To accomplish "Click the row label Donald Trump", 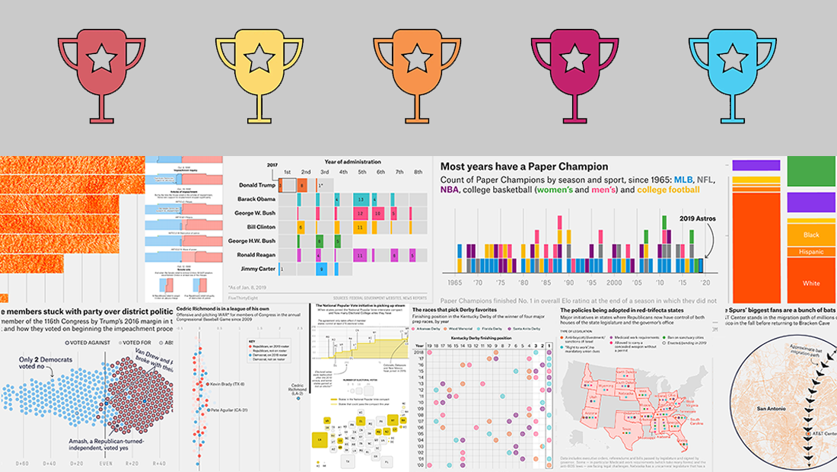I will tap(253, 186).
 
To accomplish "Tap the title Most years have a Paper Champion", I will tap(524, 166).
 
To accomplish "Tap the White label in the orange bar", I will tap(811, 283).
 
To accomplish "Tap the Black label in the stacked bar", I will tap(810, 235).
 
